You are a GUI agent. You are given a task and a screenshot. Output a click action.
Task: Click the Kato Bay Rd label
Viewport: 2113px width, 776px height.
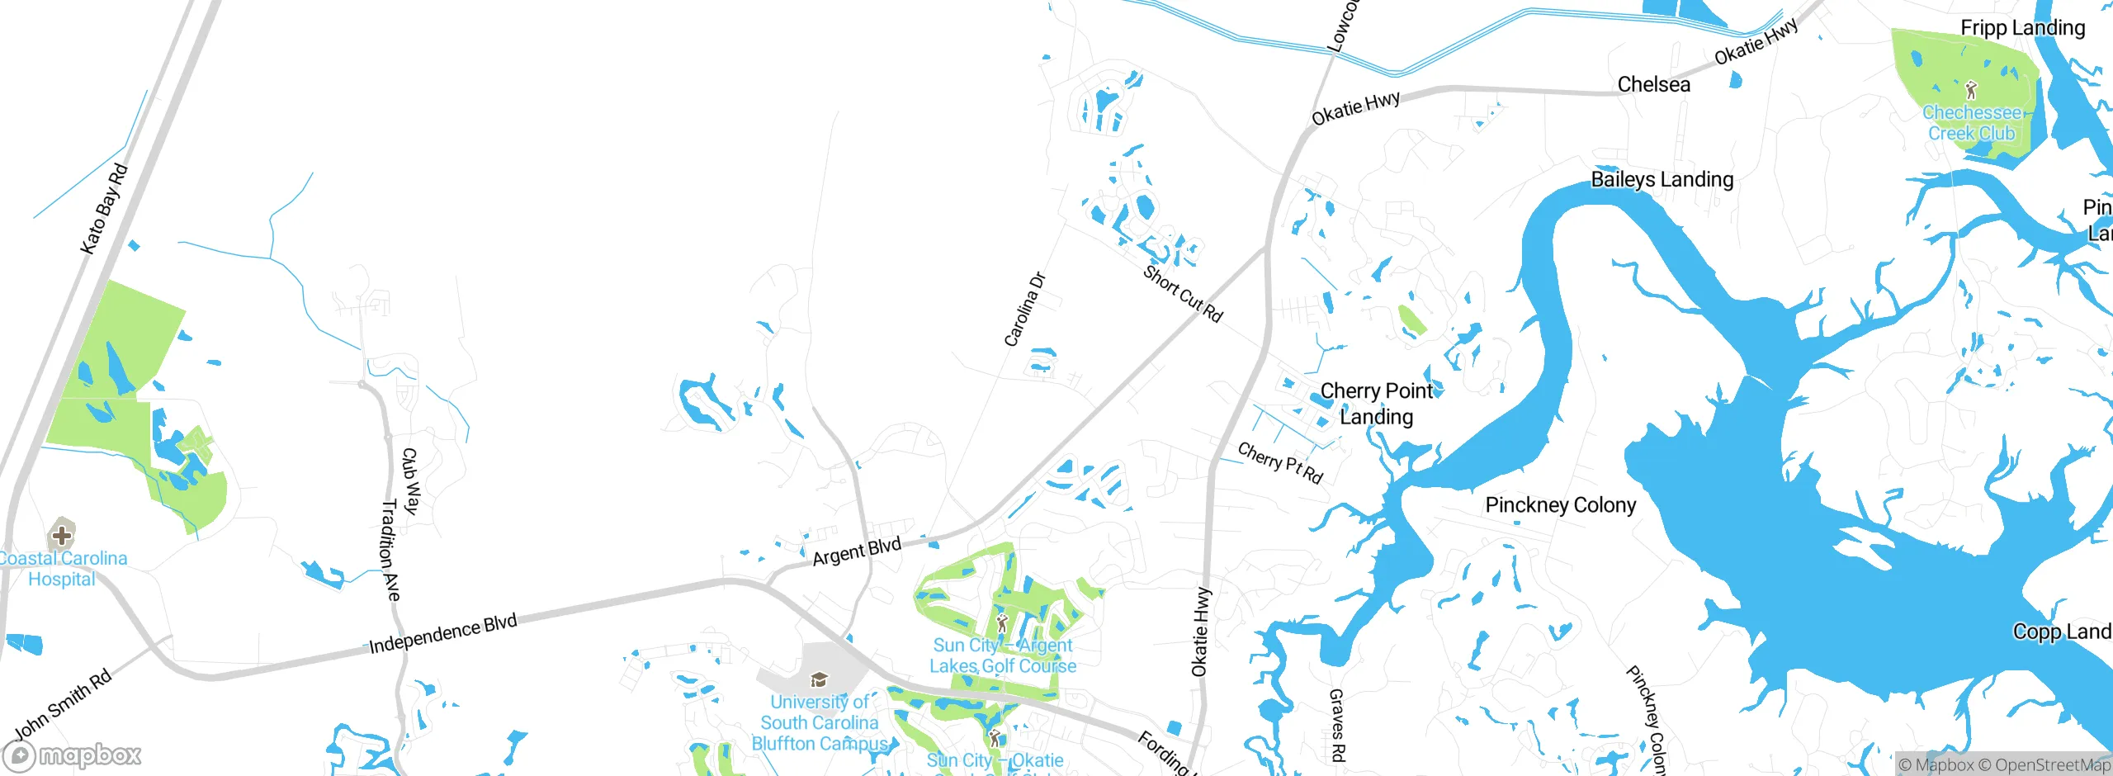tap(104, 209)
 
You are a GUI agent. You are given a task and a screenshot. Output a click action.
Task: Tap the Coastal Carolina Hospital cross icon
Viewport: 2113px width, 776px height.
tap(62, 535)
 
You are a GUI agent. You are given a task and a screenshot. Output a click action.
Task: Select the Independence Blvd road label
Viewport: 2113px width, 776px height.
tap(442, 633)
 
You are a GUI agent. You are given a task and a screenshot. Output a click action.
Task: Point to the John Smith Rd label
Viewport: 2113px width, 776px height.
tap(63, 706)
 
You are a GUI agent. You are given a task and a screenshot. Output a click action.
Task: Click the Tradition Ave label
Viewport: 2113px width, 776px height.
tap(390, 550)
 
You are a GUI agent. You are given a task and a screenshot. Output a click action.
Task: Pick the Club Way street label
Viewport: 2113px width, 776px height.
tap(411, 481)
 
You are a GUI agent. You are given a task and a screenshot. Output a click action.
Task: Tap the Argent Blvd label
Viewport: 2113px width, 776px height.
tap(857, 551)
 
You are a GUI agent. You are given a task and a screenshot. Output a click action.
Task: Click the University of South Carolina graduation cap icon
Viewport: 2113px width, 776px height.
tap(819, 679)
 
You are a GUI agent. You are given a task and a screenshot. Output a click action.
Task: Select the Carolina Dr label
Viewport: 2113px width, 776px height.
tap(1024, 310)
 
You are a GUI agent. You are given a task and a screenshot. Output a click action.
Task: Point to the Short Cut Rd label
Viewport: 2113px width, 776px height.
tap(1183, 294)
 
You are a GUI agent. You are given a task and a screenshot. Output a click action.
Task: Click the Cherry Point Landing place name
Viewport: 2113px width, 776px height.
tap(1377, 403)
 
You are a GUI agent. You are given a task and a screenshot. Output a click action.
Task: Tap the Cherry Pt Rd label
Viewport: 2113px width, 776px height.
tap(1280, 462)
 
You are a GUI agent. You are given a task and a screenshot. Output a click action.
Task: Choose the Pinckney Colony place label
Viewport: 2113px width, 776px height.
tap(1560, 505)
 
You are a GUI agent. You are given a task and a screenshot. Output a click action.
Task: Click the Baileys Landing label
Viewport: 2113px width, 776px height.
tap(1662, 179)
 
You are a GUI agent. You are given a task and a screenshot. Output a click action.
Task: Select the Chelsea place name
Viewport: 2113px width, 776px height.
tap(1653, 84)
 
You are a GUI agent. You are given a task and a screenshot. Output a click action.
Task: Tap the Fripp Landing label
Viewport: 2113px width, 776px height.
tap(2022, 28)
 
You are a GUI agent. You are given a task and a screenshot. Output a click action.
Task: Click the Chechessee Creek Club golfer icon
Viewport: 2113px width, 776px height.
tap(1971, 90)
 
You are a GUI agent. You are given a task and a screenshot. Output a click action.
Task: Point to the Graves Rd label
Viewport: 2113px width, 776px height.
tap(1337, 725)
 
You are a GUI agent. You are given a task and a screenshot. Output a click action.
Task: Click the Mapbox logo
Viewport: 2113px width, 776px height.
tap(73, 755)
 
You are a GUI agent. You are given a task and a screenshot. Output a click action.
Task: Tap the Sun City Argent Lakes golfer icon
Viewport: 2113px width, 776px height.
tap(1002, 623)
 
